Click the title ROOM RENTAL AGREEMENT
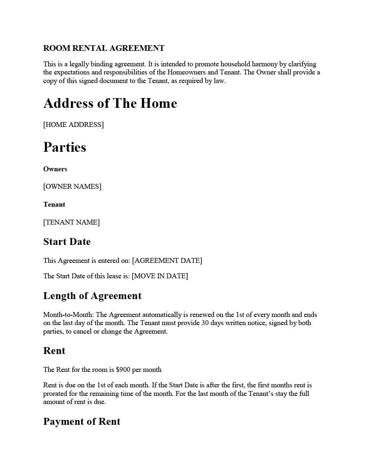click(x=104, y=48)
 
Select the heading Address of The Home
click(x=110, y=103)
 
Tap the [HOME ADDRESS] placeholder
click(x=73, y=125)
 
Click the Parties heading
click(x=64, y=147)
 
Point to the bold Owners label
click(x=55, y=169)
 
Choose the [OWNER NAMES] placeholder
click(x=72, y=187)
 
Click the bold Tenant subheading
click(x=54, y=205)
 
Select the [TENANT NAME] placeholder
click(x=71, y=223)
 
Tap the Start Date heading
click(x=67, y=242)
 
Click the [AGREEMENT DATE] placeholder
click(x=167, y=261)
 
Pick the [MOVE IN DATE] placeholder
click(x=160, y=276)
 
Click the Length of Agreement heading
click(x=92, y=296)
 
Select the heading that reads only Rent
click(x=54, y=351)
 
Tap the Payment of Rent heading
click(x=82, y=422)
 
